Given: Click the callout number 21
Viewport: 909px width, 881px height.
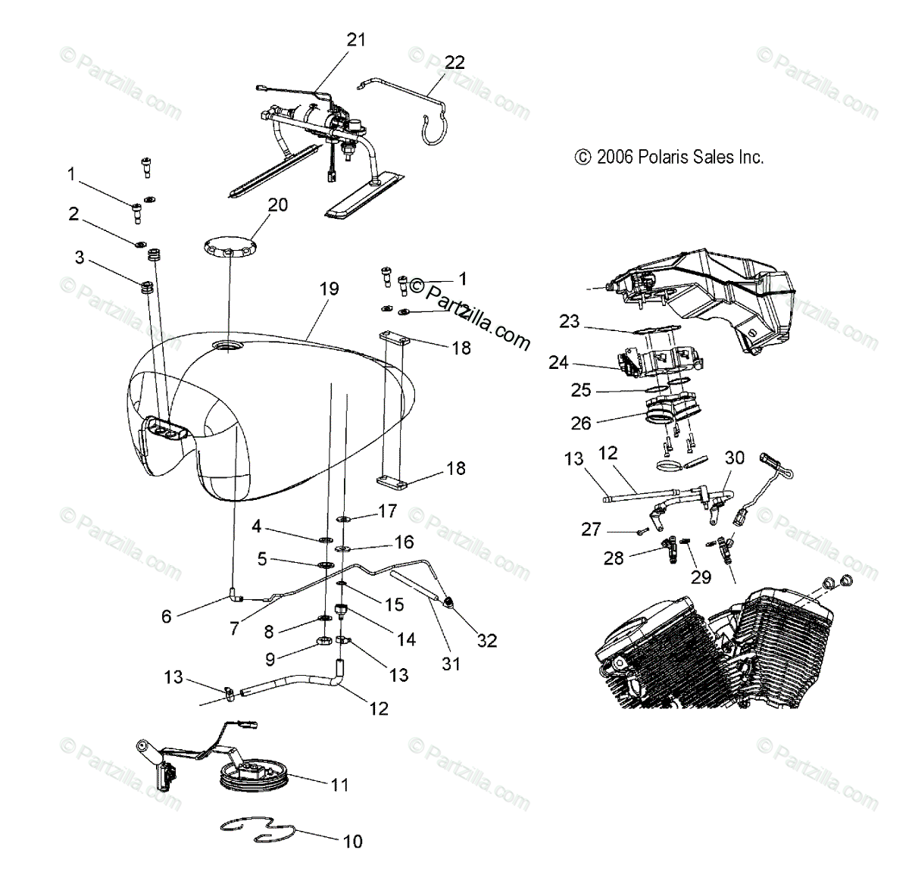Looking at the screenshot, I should (356, 39).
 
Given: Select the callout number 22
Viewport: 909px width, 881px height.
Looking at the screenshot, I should (454, 62).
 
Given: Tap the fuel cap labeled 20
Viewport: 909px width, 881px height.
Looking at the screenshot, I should (230, 246).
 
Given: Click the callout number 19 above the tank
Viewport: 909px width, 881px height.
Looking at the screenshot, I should (329, 289).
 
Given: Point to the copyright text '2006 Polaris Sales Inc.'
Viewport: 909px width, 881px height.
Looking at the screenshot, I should (670, 157).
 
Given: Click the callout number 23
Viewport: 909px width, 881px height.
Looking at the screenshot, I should (569, 321).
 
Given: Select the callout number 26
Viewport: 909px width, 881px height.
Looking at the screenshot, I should (581, 422).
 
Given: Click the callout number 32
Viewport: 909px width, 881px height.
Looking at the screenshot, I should (487, 640).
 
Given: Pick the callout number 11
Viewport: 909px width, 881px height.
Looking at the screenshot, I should (340, 784).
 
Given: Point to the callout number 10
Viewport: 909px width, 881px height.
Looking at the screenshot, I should (353, 841).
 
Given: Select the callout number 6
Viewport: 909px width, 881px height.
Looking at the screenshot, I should (167, 616).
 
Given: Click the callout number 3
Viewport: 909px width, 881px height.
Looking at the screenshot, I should (80, 258).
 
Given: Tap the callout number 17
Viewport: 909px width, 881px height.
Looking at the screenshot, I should (387, 511).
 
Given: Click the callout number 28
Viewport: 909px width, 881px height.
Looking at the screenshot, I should (614, 558).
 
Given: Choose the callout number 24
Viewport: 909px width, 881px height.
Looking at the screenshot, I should (558, 363).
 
